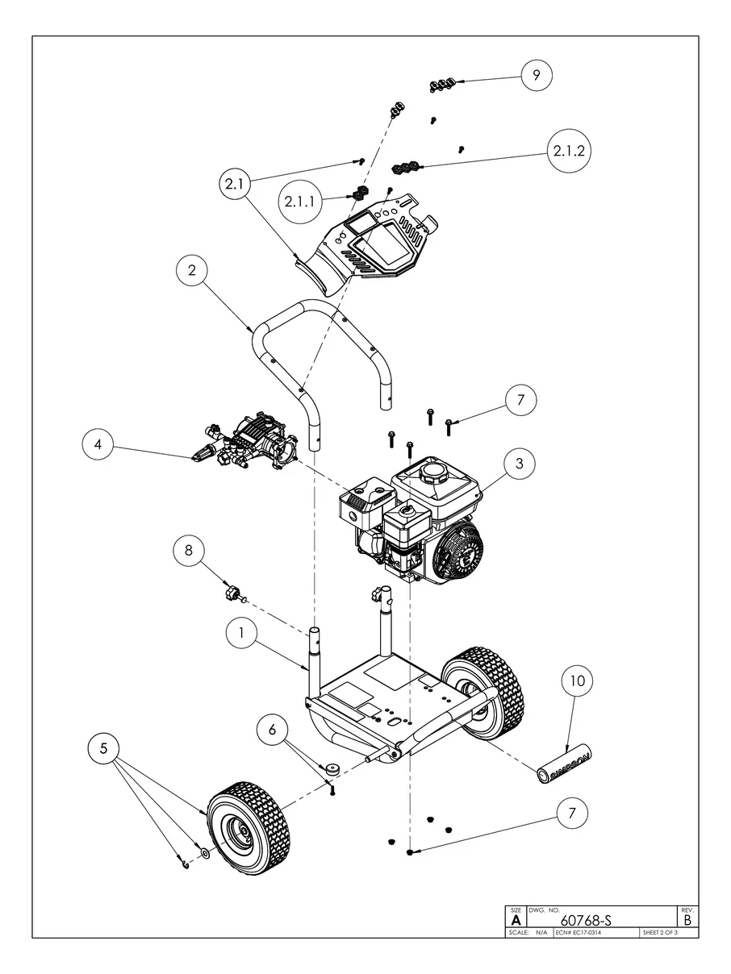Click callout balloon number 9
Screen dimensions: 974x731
click(537, 76)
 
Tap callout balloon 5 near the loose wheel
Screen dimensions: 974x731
click(103, 748)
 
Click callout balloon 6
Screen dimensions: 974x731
click(272, 730)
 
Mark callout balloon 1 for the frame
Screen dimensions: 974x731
click(240, 634)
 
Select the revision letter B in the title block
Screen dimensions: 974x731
click(687, 918)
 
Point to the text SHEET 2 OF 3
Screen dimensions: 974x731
click(660, 933)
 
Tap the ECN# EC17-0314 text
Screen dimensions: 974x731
click(579, 933)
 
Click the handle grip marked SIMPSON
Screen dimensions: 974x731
click(565, 762)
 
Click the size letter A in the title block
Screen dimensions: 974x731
click(516, 919)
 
